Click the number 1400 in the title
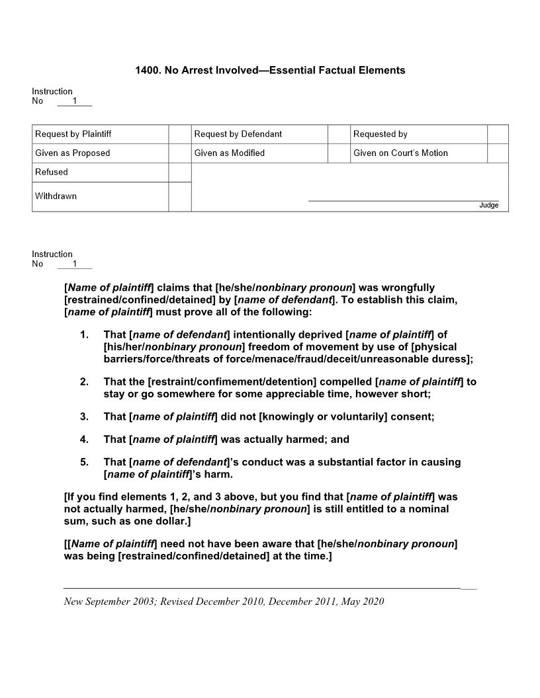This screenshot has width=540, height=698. click(x=146, y=70)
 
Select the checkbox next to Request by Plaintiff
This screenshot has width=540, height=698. click(x=180, y=134)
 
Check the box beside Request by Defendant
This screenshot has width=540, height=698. click(x=339, y=134)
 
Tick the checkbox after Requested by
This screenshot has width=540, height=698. click(x=498, y=134)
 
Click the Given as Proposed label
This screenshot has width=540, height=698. click(x=73, y=153)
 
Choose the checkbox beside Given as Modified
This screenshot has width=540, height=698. click(x=339, y=153)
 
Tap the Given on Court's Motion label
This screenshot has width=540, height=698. click(x=400, y=153)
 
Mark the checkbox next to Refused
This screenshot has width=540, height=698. click(x=180, y=173)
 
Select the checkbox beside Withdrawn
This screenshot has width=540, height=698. click(x=180, y=197)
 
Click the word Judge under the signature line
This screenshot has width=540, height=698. click(x=488, y=206)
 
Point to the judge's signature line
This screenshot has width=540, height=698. click(x=403, y=200)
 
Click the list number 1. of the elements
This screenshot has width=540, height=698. click(x=84, y=335)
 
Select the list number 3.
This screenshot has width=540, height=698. click(x=84, y=416)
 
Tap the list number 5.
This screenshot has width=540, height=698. click(x=84, y=462)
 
